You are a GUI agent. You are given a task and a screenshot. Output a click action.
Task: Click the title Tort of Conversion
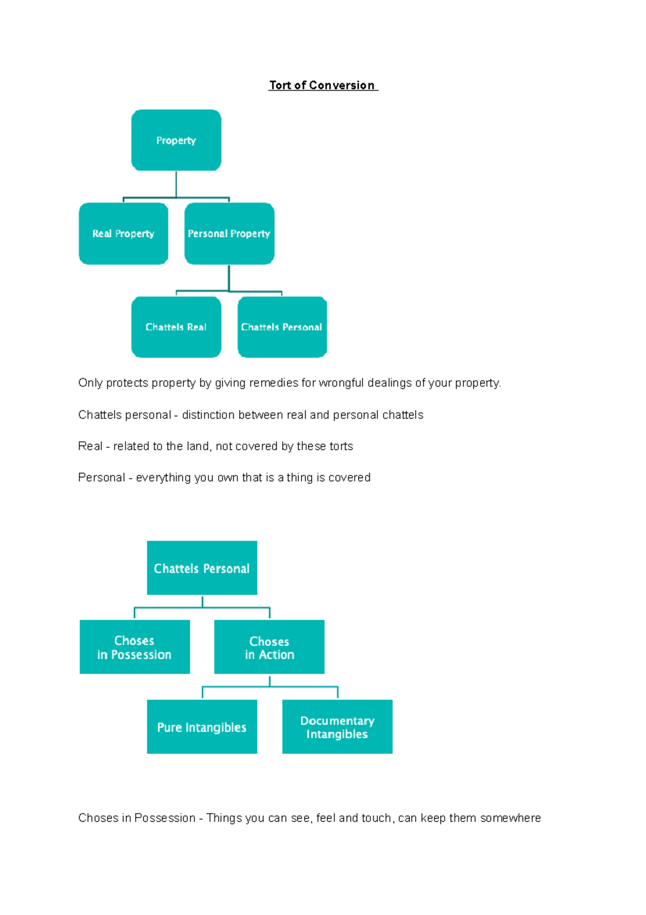coord(323,85)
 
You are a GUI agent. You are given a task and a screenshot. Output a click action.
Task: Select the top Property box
coord(176,140)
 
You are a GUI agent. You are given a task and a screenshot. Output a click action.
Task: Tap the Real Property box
coord(123,233)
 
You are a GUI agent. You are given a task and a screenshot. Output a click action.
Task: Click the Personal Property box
coord(229,233)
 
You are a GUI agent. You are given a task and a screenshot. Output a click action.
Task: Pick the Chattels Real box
coord(176,327)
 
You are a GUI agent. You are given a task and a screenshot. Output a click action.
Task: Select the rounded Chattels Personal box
coord(282,327)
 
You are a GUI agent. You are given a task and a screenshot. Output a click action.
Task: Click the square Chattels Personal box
coord(202,568)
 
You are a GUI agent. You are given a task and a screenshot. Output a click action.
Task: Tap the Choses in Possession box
coord(135,647)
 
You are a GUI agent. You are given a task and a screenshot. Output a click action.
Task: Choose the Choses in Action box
coord(269,647)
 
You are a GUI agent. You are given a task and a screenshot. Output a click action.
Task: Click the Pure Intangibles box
coord(202,726)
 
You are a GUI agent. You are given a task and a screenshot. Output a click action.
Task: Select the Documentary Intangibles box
coord(337,726)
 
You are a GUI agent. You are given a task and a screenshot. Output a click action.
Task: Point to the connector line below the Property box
coord(176,185)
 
